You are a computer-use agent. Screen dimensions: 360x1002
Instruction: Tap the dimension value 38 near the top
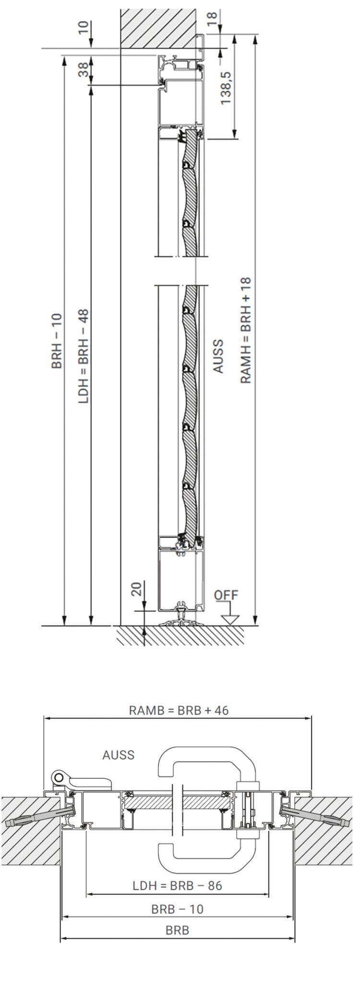(x=83, y=71)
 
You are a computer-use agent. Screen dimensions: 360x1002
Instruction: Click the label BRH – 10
(x=57, y=341)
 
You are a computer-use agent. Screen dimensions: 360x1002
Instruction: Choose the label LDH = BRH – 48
(x=84, y=355)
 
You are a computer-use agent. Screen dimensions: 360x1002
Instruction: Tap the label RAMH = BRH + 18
(x=245, y=331)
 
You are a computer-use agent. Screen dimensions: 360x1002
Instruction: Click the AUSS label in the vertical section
(x=218, y=356)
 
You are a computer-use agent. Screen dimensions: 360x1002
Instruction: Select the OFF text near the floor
(x=226, y=595)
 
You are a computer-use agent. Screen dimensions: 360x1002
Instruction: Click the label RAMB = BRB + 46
(x=179, y=710)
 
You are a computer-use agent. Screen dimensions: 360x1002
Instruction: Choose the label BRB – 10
(x=178, y=909)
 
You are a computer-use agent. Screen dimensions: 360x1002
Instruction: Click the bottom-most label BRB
(x=178, y=930)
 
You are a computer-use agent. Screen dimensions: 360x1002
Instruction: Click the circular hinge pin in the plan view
(x=59, y=776)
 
